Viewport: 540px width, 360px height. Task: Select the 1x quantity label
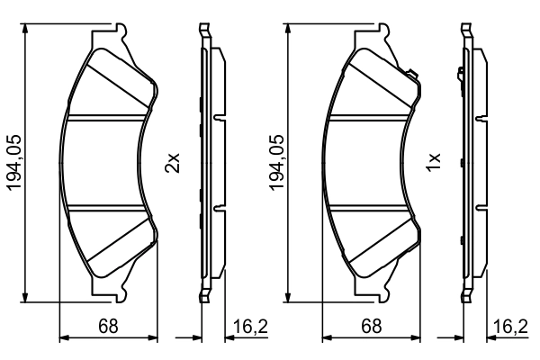(x=433, y=163)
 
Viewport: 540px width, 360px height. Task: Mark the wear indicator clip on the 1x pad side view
(x=461, y=71)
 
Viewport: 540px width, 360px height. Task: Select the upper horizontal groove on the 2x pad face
(x=108, y=117)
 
